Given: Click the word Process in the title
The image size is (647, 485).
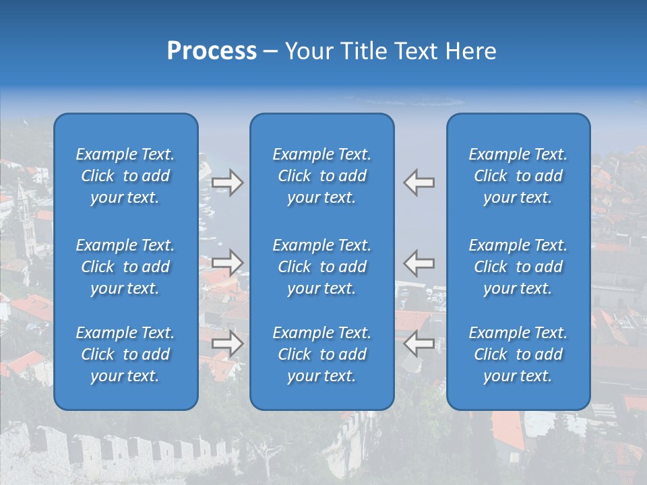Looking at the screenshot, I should pyautogui.click(x=212, y=51).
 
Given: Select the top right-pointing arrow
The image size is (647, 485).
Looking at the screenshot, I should pyautogui.click(x=228, y=183).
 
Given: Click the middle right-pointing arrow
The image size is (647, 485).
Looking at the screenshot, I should pyautogui.click(x=228, y=262).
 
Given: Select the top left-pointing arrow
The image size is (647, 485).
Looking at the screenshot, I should pyautogui.click(x=419, y=183).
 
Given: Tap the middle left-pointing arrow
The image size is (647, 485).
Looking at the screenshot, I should pyautogui.click(x=419, y=262).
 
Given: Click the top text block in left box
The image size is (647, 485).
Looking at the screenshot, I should pyautogui.click(x=125, y=176).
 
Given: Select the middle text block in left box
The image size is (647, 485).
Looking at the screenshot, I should pyautogui.click(x=125, y=267).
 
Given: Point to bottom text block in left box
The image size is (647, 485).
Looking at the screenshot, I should pyautogui.click(x=125, y=354).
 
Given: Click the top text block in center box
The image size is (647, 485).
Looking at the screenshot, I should pyautogui.click(x=321, y=176).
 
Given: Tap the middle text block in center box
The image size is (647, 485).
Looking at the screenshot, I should pyautogui.click(x=321, y=267).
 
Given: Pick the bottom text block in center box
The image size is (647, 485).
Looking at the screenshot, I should pyautogui.click(x=321, y=354).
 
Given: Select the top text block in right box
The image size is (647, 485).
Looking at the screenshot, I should pyautogui.click(x=518, y=176).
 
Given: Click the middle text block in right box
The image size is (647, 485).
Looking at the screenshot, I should pyautogui.click(x=518, y=267).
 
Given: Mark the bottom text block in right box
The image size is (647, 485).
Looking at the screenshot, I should pyautogui.click(x=518, y=354).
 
